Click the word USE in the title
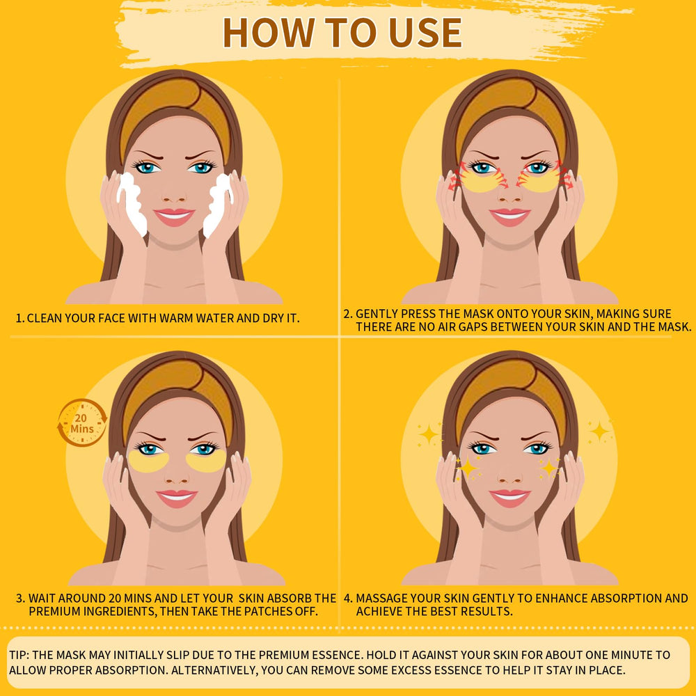click(425, 33)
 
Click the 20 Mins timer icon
click(82, 422)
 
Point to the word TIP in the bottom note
click(18, 655)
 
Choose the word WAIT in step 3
click(42, 599)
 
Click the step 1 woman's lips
click(174, 216)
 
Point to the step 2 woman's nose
click(509, 193)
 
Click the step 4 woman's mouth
click(509, 498)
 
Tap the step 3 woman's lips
click(177, 498)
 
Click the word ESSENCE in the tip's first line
click(337, 655)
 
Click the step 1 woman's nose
click(174, 193)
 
